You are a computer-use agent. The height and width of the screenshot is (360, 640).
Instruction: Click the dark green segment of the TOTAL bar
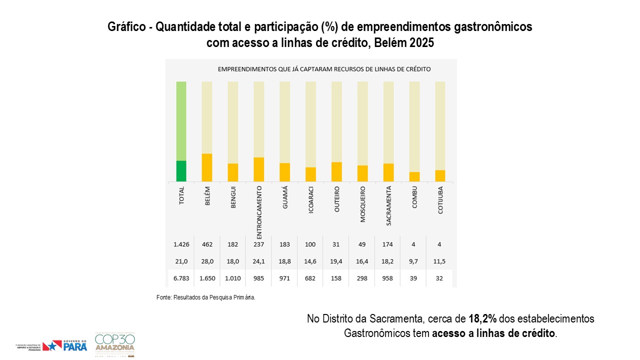tap(181, 171)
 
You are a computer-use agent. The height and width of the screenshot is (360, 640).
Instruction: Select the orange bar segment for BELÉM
tap(207, 167)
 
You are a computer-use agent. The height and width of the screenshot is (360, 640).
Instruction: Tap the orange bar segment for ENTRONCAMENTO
tap(259, 169)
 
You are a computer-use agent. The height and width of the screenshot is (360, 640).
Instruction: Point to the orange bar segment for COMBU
tap(414, 176)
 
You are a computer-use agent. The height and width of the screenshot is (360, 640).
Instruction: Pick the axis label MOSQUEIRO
tap(362, 204)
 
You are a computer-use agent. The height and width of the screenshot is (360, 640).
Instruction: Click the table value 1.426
tap(181, 244)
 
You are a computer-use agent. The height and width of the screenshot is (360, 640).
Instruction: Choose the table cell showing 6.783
tap(181, 278)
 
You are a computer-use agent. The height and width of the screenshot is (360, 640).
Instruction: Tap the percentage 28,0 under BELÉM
tap(207, 261)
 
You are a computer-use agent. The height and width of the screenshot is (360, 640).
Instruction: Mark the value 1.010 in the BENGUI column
tap(233, 278)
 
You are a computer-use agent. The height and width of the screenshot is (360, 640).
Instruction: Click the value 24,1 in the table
tap(259, 261)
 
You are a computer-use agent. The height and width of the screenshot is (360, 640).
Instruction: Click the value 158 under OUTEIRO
tap(336, 278)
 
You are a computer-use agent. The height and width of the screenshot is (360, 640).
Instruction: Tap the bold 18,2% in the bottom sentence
tap(482, 319)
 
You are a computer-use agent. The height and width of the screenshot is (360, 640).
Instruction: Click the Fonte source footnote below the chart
tap(206, 297)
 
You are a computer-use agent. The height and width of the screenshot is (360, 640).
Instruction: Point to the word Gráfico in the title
tap(127, 27)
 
